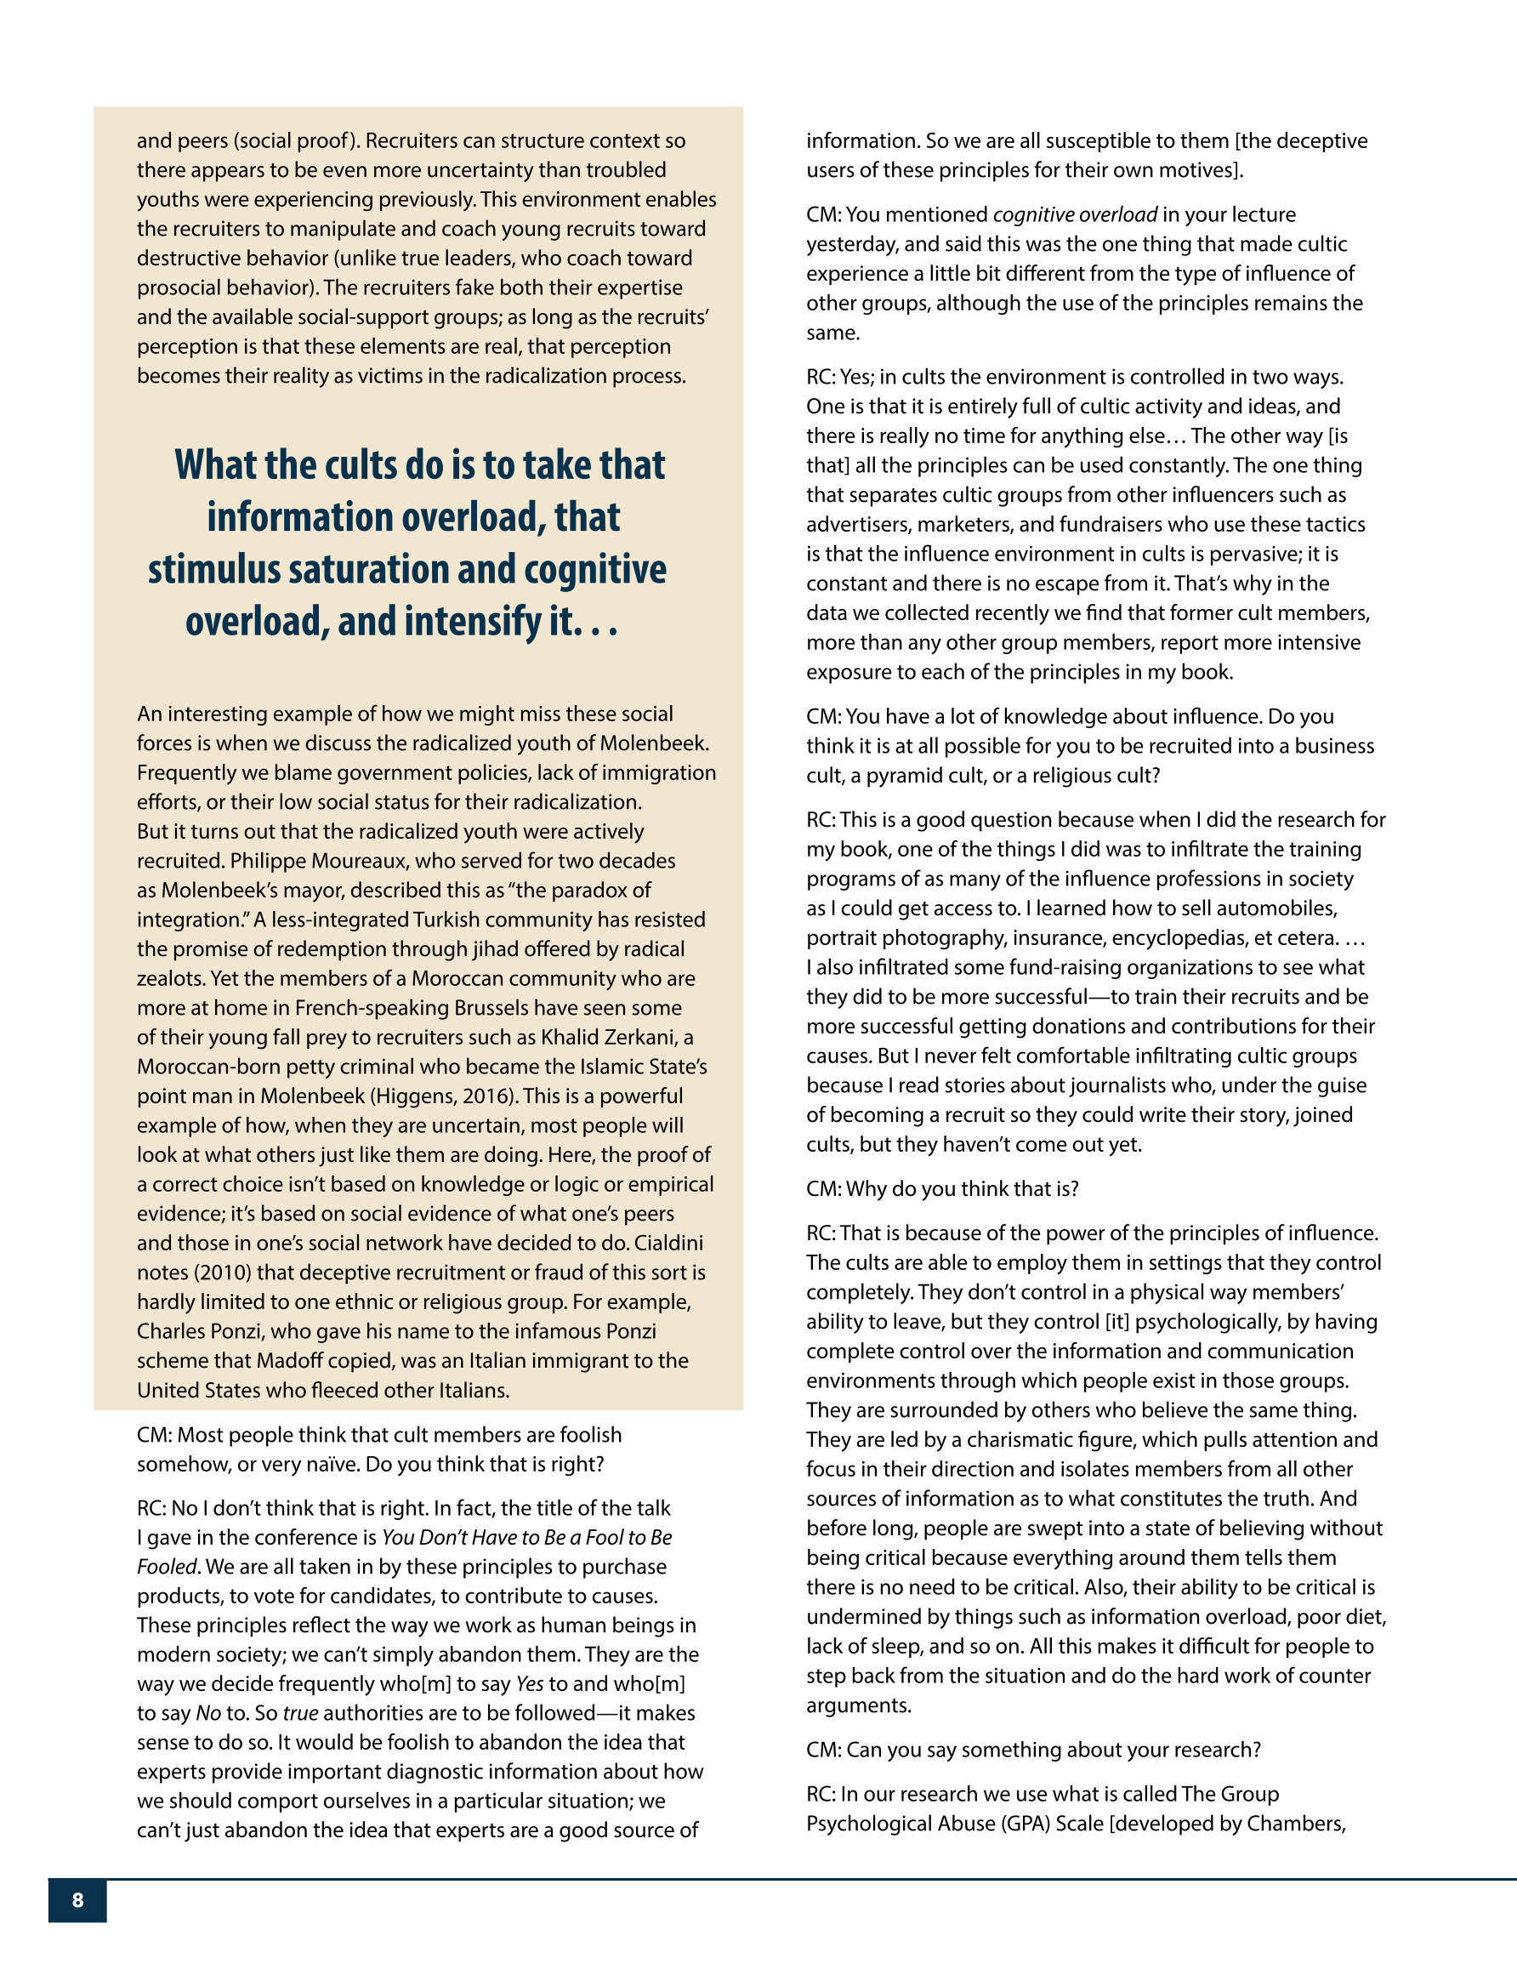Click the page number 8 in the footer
(77, 1900)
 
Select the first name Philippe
(267, 861)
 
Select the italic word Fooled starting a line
(167, 1567)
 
